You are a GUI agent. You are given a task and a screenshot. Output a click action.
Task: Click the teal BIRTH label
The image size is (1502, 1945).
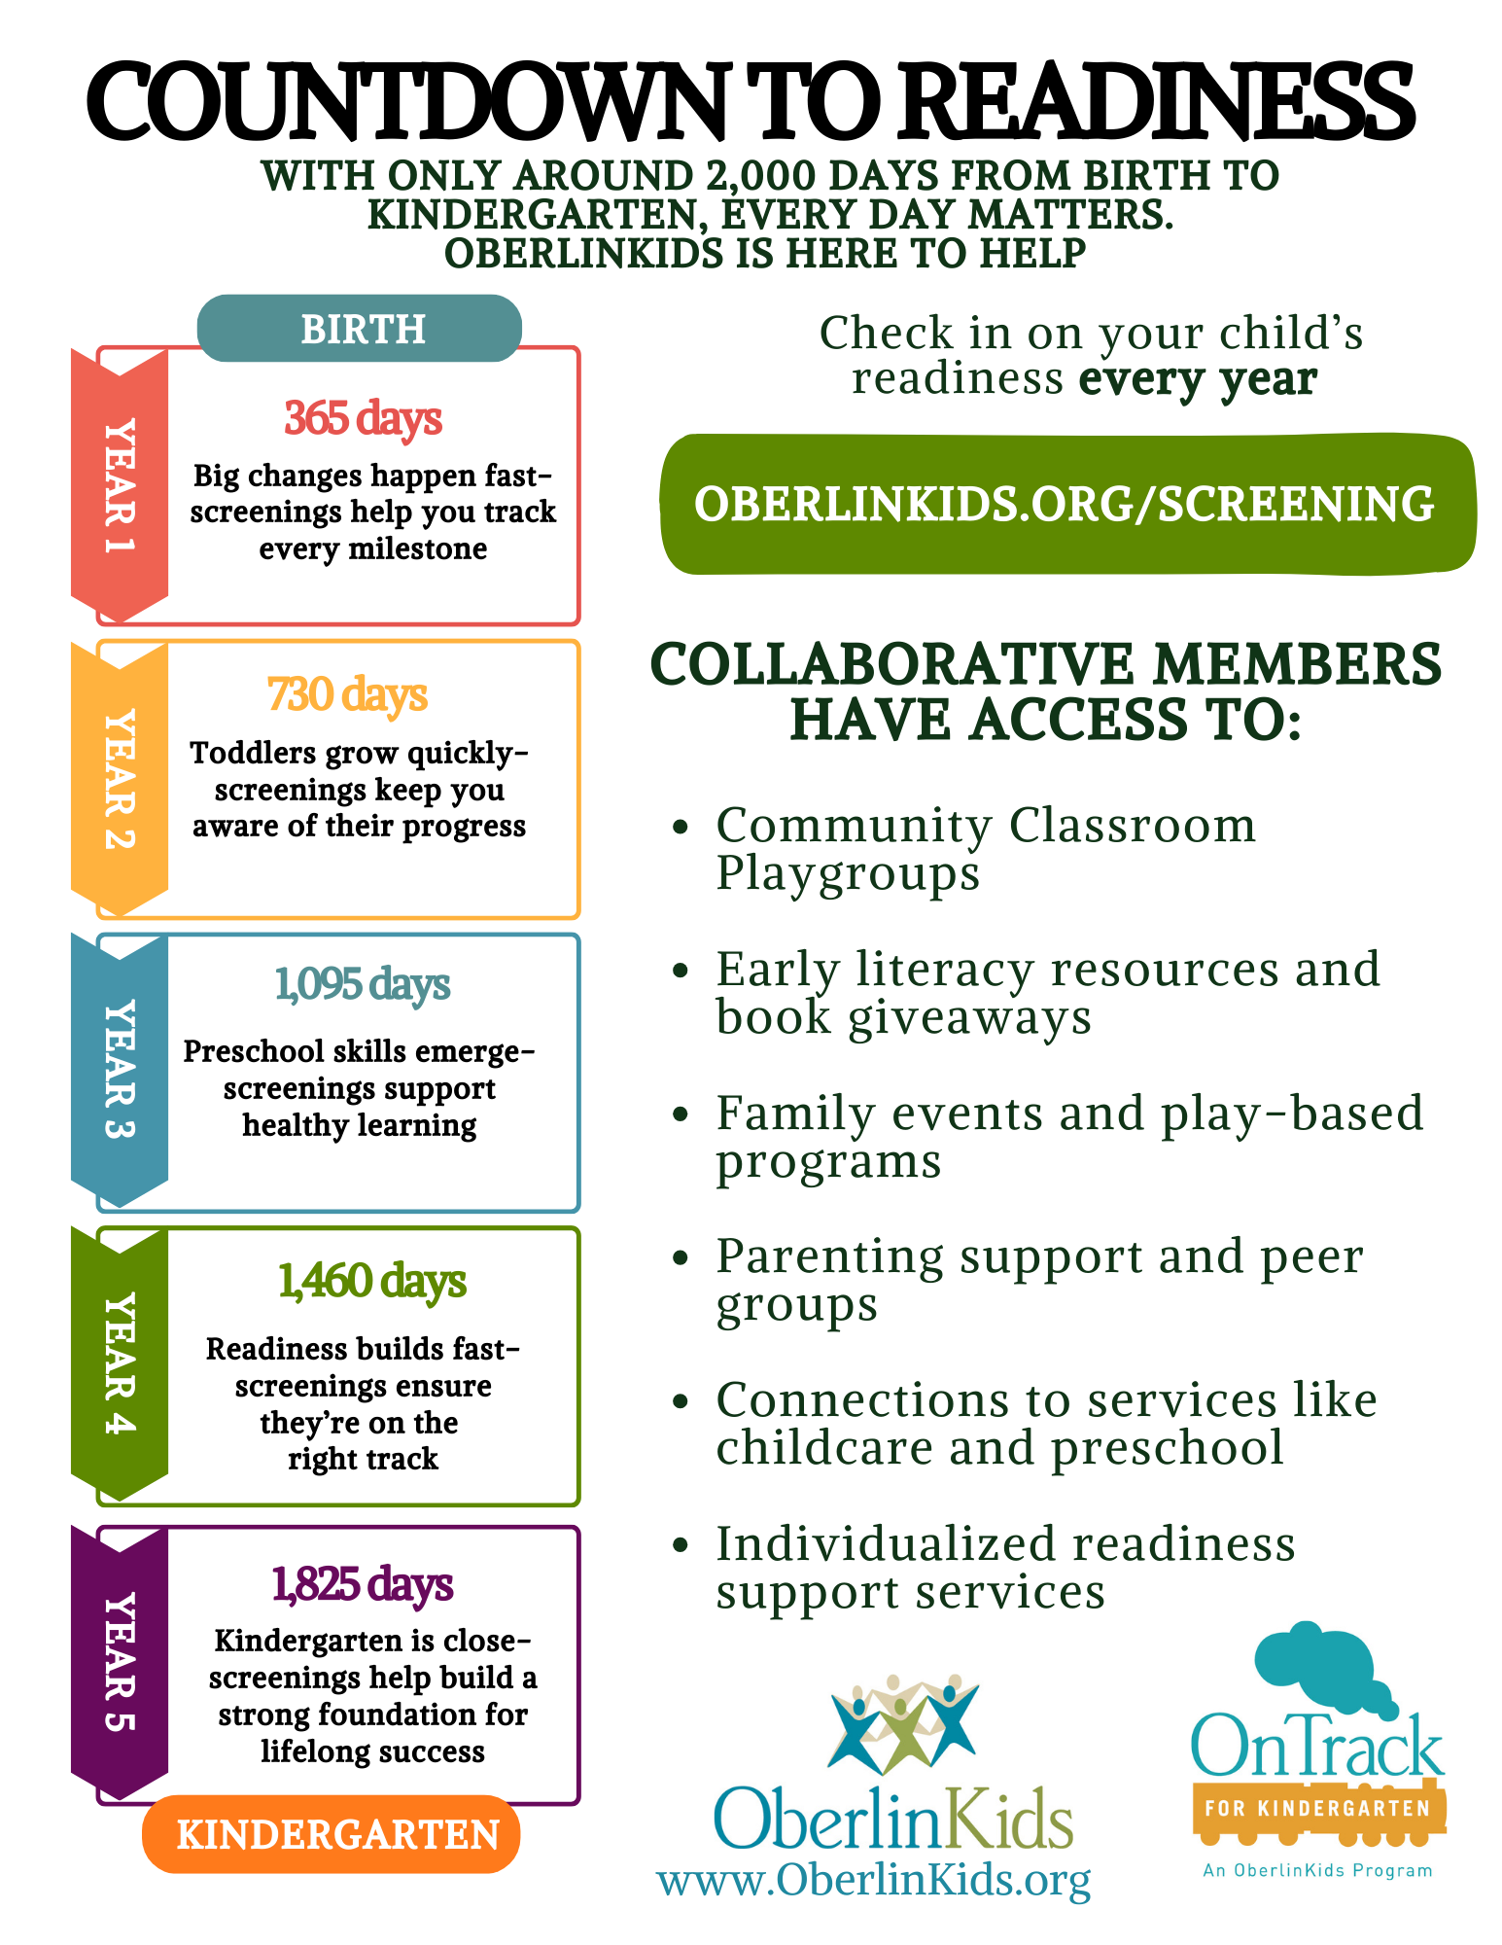tap(360, 329)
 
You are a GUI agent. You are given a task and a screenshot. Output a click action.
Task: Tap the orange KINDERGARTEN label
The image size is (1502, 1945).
tap(332, 1834)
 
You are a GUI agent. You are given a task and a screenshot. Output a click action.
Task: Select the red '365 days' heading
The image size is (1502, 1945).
tap(363, 418)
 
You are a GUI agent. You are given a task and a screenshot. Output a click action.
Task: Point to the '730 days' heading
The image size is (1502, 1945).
tap(347, 694)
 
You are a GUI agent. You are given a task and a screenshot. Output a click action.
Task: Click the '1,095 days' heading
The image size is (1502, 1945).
tap(362, 984)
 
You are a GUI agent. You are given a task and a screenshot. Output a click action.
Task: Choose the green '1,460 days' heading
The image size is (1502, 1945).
tap(372, 1281)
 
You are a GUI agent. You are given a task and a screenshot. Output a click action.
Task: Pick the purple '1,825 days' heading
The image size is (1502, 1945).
tap(363, 1583)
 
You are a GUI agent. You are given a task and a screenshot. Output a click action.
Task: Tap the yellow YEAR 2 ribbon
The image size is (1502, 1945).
tap(120, 779)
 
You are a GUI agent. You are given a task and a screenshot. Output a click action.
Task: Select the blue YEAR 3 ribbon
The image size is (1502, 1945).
tap(120, 1071)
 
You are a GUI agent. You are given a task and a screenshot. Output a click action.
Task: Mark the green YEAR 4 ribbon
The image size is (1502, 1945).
tap(120, 1364)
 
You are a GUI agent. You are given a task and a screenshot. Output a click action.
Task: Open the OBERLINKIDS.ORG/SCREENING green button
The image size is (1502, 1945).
tap(1067, 504)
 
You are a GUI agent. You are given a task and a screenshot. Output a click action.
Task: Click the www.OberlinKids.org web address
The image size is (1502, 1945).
tap(874, 1880)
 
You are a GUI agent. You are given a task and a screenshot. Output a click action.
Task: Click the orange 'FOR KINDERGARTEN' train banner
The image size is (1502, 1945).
tap(1318, 1810)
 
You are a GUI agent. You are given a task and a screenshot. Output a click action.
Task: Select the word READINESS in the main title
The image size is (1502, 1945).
tap(1156, 101)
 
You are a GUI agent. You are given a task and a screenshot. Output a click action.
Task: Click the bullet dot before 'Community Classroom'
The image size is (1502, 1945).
tap(681, 827)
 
